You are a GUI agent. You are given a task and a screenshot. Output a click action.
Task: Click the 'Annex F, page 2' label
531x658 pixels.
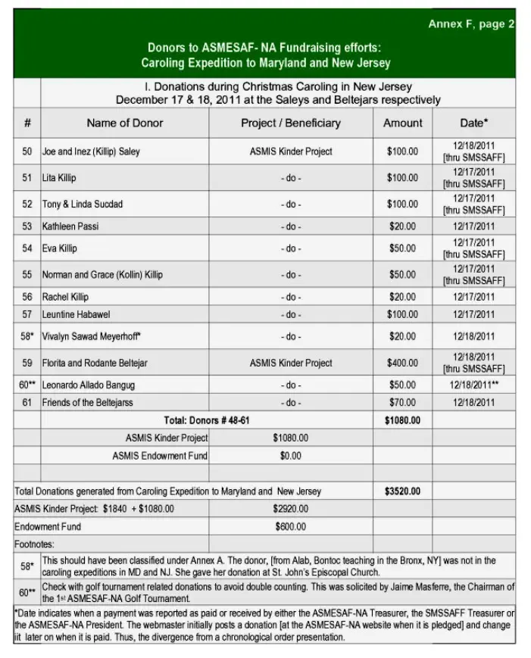pyautogui.click(x=470, y=24)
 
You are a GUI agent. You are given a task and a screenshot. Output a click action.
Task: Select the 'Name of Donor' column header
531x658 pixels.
pyautogui.click(x=124, y=123)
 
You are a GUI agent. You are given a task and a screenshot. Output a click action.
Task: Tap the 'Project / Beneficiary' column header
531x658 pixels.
pyautogui.click(x=291, y=123)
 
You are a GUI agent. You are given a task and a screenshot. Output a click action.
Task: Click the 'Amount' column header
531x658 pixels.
pyautogui.click(x=402, y=123)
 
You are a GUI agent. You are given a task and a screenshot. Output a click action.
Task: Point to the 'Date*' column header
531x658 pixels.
pyautogui.click(x=473, y=123)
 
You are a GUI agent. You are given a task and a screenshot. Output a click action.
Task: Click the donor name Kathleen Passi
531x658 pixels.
pyautogui.click(x=70, y=226)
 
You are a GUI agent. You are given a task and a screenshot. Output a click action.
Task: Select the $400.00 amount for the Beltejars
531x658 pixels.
pyautogui.click(x=401, y=363)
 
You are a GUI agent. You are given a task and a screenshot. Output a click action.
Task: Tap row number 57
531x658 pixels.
pyautogui.click(x=27, y=314)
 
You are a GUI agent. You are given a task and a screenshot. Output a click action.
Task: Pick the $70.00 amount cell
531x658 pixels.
pyautogui.click(x=401, y=402)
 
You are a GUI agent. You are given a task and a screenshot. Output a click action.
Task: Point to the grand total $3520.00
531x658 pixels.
pyautogui.click(x=402, y=491)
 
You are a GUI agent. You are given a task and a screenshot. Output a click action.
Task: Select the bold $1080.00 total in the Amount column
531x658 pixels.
pyautogui.click(x=402, y=420)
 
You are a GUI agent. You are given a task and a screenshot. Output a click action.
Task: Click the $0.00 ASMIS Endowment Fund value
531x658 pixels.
pyautogui.click(x=290, y=456)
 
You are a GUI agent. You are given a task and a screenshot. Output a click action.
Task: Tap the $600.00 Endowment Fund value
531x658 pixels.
pyautogui.click(x=291, y=526)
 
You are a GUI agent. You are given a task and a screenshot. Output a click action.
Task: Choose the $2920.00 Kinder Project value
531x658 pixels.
pyautogui.click(x=291, y=509)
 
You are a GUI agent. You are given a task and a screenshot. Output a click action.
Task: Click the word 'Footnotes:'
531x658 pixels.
pyautogui.click(x=34, y=544)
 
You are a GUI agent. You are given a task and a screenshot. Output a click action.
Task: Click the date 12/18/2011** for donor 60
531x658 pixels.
pyautogui.click(x=473, y=385)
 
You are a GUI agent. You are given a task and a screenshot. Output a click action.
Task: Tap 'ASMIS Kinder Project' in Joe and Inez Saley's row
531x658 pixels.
pyautogui.click(x=291, y=151)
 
